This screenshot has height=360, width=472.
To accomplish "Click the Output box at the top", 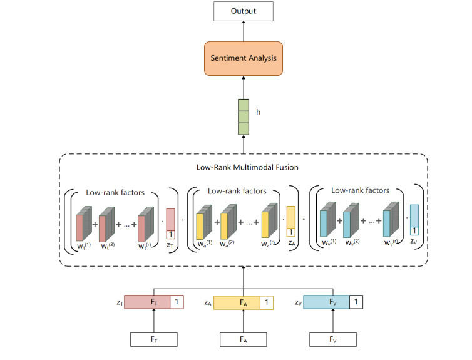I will coord(243,11).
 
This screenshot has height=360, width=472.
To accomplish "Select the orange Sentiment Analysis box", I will coord(243,59).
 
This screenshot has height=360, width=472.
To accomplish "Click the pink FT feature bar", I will coord(147,302).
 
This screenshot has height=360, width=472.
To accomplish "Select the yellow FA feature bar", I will coord(237,302).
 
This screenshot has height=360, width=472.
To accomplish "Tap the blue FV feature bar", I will coord(326,302).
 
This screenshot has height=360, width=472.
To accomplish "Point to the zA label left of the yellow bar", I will coord(207,302).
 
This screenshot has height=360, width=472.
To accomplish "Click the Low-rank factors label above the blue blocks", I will coord(360,190).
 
